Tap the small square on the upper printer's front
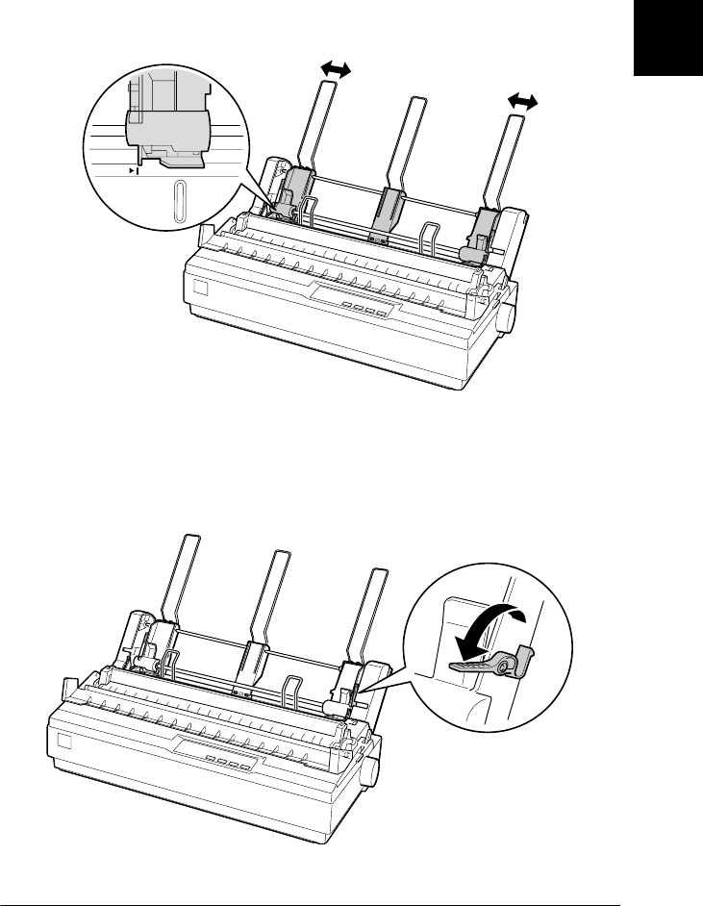tap(199, 289)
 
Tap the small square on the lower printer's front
tap(63, 743)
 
